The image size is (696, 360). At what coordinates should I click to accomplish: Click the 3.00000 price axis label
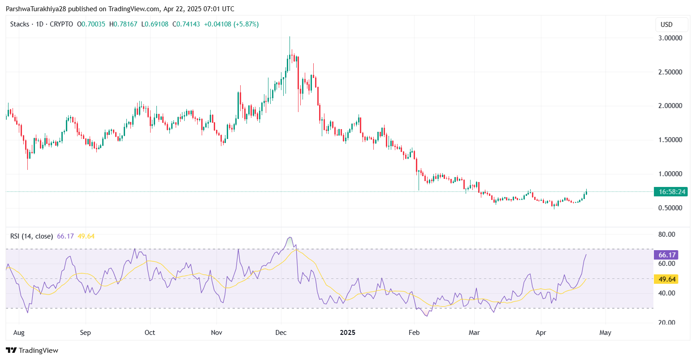670,38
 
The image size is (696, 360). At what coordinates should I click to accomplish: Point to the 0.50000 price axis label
670,208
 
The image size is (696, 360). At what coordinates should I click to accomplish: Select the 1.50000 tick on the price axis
670,140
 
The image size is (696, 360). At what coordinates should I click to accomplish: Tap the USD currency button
666,25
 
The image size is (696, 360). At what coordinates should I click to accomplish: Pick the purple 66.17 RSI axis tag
666,255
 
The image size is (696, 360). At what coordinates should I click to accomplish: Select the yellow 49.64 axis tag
666,279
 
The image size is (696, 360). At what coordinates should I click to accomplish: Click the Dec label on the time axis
281,333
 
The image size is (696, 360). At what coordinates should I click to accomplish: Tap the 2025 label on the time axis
347,333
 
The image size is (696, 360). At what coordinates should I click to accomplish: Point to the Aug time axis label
19,333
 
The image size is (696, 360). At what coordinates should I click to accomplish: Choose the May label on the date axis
605,333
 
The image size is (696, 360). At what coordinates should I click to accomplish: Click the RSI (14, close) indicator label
31,236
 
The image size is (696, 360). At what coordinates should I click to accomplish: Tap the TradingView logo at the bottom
32,350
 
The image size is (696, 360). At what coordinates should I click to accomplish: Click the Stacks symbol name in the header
20,24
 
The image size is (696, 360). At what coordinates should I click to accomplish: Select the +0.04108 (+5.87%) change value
231,24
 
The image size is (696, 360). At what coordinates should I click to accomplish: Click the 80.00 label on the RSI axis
666,234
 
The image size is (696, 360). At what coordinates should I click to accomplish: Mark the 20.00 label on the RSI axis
666,323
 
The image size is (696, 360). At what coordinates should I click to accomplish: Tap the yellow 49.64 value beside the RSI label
86,236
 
